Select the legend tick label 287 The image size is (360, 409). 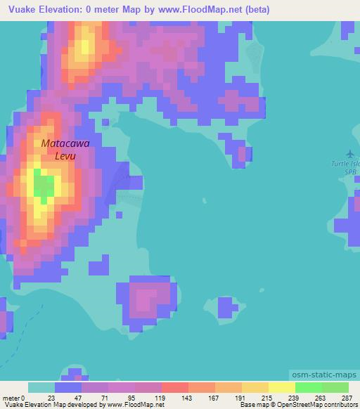pyautogui.click(x=347, y=397)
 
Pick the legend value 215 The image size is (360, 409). pyautogui.click(x=269, y=397)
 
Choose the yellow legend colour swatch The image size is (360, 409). pyautogui.click(x=282, y=387)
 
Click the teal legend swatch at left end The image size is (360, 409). pyautogui.click(x=41, y=387)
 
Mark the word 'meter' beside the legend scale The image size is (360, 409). pyautogui.click(x=11, y=397)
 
